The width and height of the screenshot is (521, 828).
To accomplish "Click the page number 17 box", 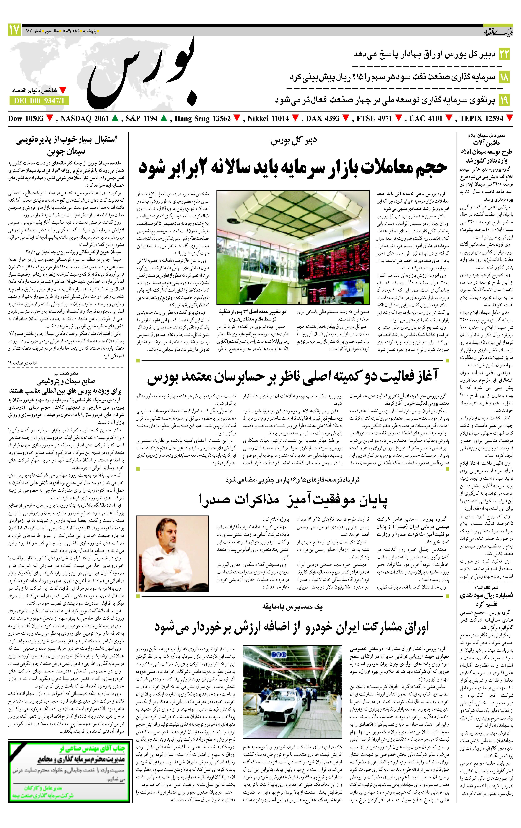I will [14, 30].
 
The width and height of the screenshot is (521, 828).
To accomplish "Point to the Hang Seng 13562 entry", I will [203, 119].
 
